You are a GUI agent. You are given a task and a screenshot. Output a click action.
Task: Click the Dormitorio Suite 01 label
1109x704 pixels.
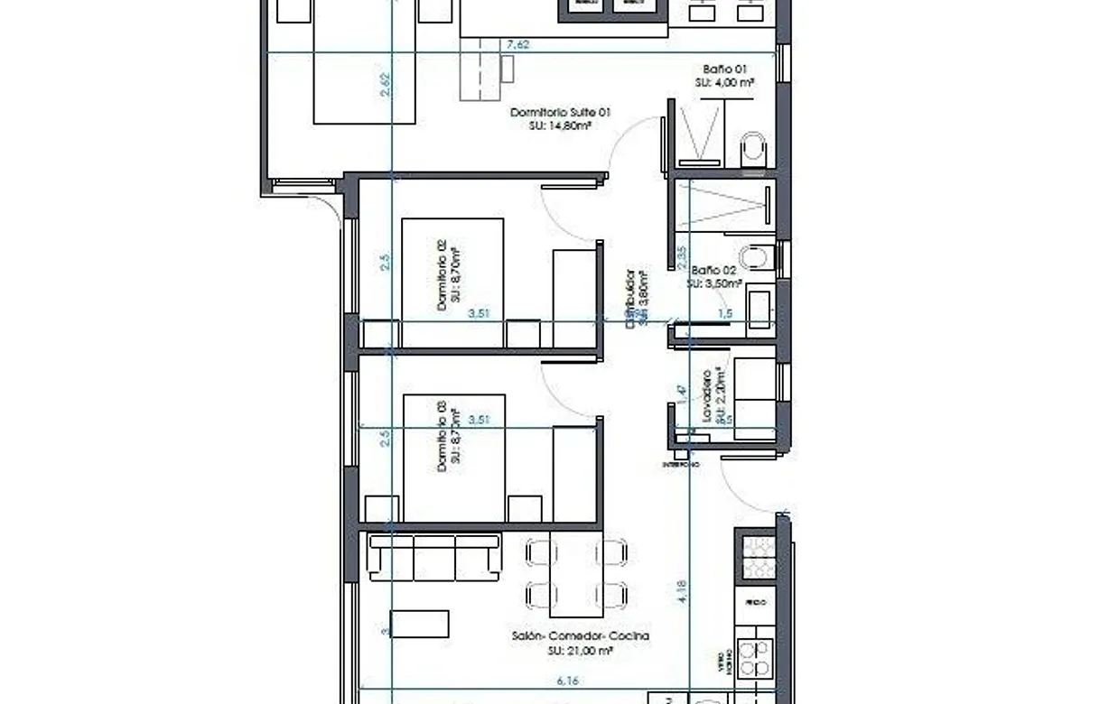coord(560,113)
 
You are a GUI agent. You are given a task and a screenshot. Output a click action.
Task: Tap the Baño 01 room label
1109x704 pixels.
coord(725,69)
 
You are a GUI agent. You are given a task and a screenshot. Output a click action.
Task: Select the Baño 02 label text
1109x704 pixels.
coord(713,270)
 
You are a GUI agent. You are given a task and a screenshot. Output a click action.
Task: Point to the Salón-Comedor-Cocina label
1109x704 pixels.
coord(579,636)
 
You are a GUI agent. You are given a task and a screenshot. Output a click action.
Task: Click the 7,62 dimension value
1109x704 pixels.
coord(517,43)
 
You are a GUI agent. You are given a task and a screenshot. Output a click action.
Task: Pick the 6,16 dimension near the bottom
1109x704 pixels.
coord(567,682)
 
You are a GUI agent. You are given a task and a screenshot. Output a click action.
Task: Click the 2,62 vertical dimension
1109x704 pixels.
coord(386,85)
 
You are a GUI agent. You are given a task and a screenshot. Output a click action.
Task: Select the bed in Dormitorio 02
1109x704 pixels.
coord(452,283)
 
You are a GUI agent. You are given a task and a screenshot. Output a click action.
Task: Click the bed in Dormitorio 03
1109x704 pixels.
coord(453,458)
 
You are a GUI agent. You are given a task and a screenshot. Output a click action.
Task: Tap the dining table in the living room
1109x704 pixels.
coord(576,573)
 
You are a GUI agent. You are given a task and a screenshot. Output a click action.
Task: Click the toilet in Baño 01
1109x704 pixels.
coord(752,150)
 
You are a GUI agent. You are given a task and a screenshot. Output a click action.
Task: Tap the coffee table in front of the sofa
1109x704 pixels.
coord(418,624)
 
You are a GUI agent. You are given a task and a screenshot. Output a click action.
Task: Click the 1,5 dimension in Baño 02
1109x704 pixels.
coord(724,314)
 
